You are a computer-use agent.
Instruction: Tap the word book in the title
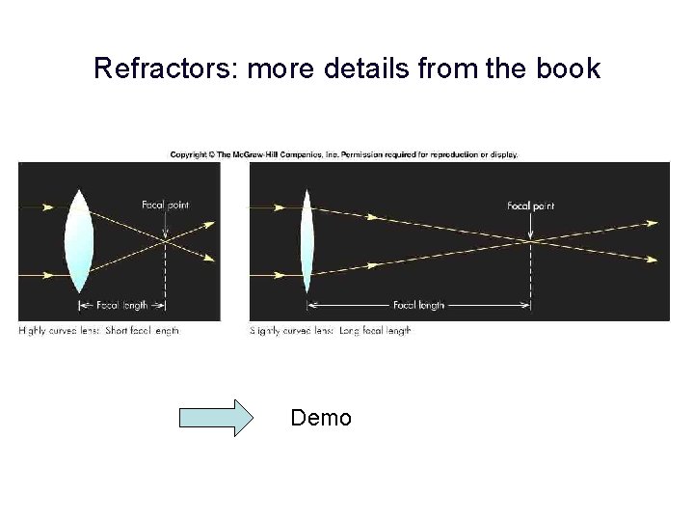[569, 69]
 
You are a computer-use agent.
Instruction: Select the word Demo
[321, 418]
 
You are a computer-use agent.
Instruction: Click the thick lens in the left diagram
[80, 242]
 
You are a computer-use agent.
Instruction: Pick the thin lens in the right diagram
[307, 242]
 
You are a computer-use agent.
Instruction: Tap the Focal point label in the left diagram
[166, 205]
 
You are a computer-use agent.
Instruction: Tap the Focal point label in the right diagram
[531, 206]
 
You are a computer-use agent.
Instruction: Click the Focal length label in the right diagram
[418, 306]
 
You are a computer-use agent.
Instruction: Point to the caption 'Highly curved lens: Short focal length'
[99, 331]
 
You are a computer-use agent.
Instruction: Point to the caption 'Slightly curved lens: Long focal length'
[331, 331]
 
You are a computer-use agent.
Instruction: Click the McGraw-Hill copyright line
[344, 154]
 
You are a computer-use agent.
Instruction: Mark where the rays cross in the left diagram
[166, 241]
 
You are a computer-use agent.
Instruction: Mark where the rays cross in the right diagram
[531, 241]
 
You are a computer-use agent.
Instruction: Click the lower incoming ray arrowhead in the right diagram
[279, 276]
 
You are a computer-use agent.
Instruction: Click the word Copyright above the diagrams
[189, 154]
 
